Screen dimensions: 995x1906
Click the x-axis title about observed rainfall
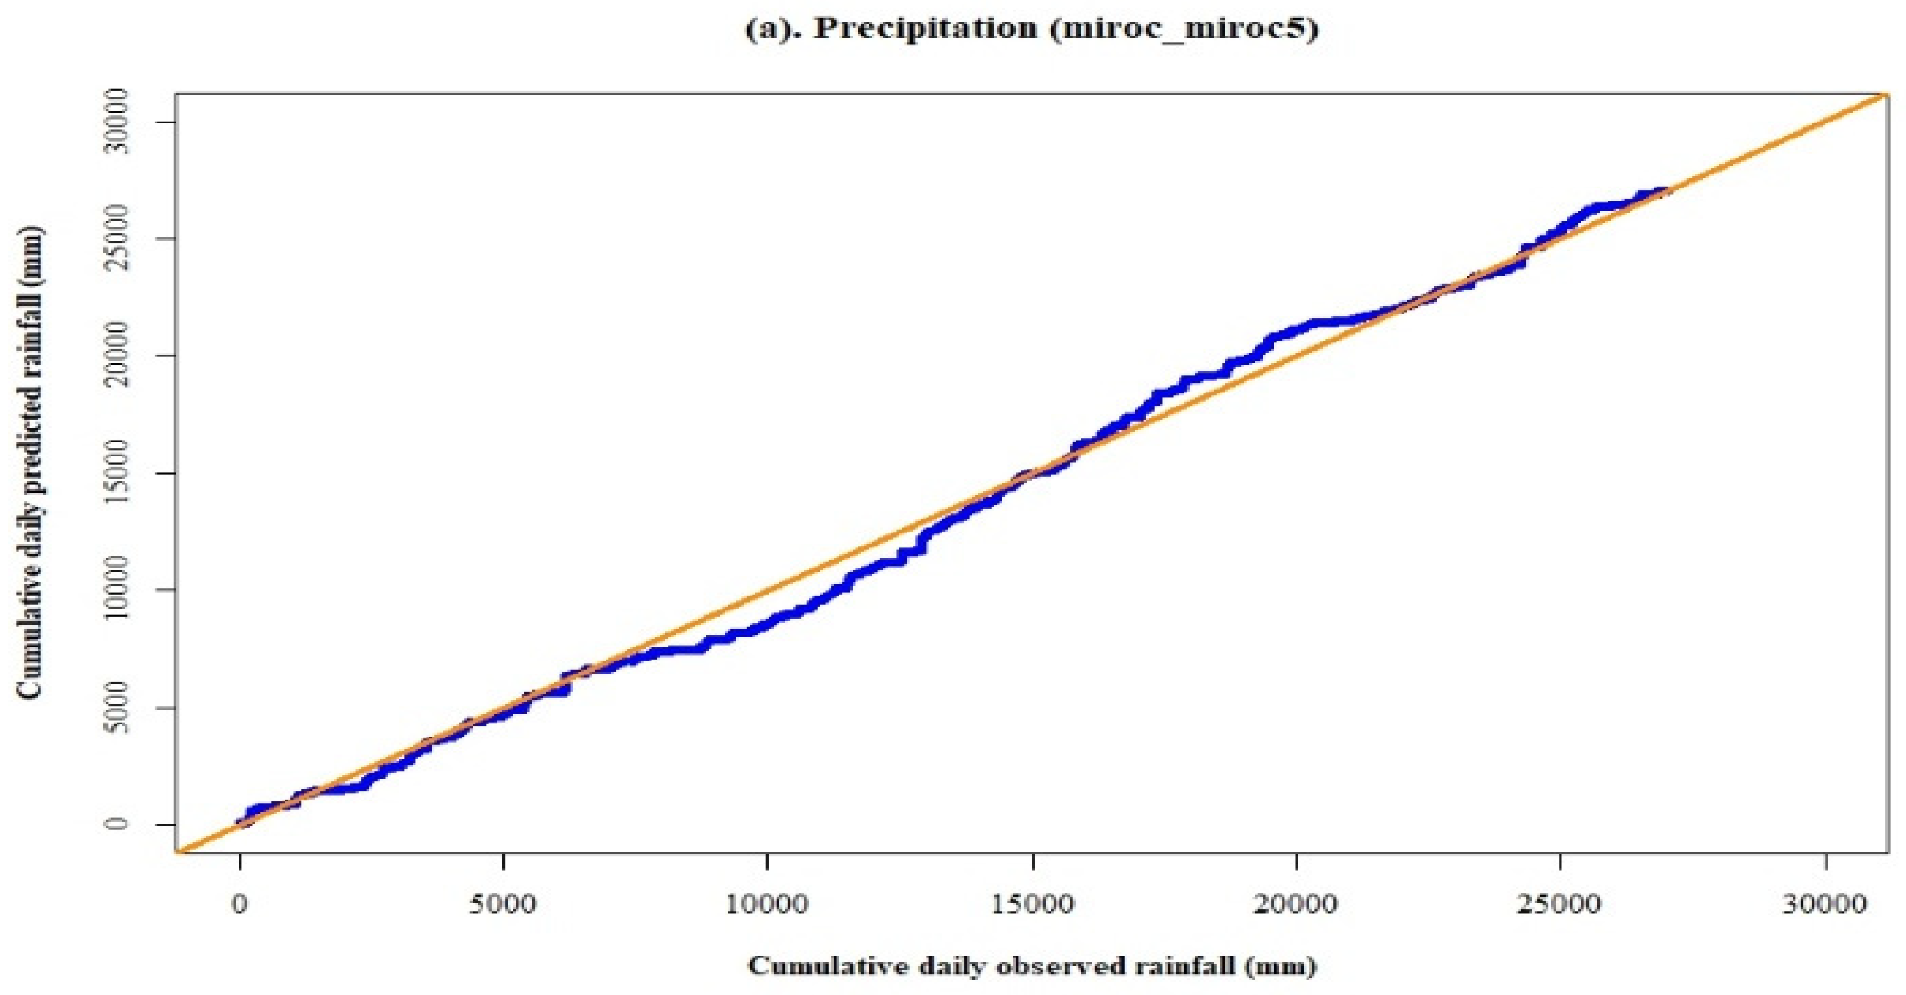[1032, 966]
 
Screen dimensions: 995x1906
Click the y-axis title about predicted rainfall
[31, 462]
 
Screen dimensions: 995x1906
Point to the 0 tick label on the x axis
[239, 905]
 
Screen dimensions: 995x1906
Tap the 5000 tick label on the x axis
[503, 905]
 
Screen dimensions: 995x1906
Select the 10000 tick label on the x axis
[767, 905]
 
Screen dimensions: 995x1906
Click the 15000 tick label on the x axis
[1032, 905]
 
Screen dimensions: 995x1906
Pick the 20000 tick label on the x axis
[1297, 905]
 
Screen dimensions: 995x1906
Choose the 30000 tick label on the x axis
[1825, 905]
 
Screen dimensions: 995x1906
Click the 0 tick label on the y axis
[117, 824]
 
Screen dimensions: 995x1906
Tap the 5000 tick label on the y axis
[117, 707]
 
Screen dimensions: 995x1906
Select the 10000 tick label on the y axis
[117, 589]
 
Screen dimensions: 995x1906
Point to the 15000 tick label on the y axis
[117, 473]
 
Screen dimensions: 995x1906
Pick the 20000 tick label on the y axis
[117, 356]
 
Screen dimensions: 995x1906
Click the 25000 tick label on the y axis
[117, 239]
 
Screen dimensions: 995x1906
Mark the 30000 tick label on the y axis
[117, 122]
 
